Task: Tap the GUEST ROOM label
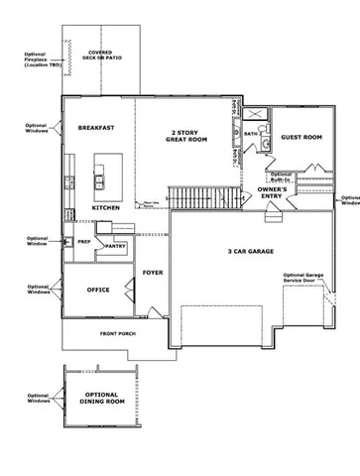(300, 137)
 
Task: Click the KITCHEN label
(106, 208)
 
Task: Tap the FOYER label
(152, 271)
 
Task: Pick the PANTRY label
(115, 245)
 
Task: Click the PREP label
(85, 239)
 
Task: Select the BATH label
(252, 133)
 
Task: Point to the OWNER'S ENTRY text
(273, 192)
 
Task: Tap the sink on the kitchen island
(101, 181)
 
